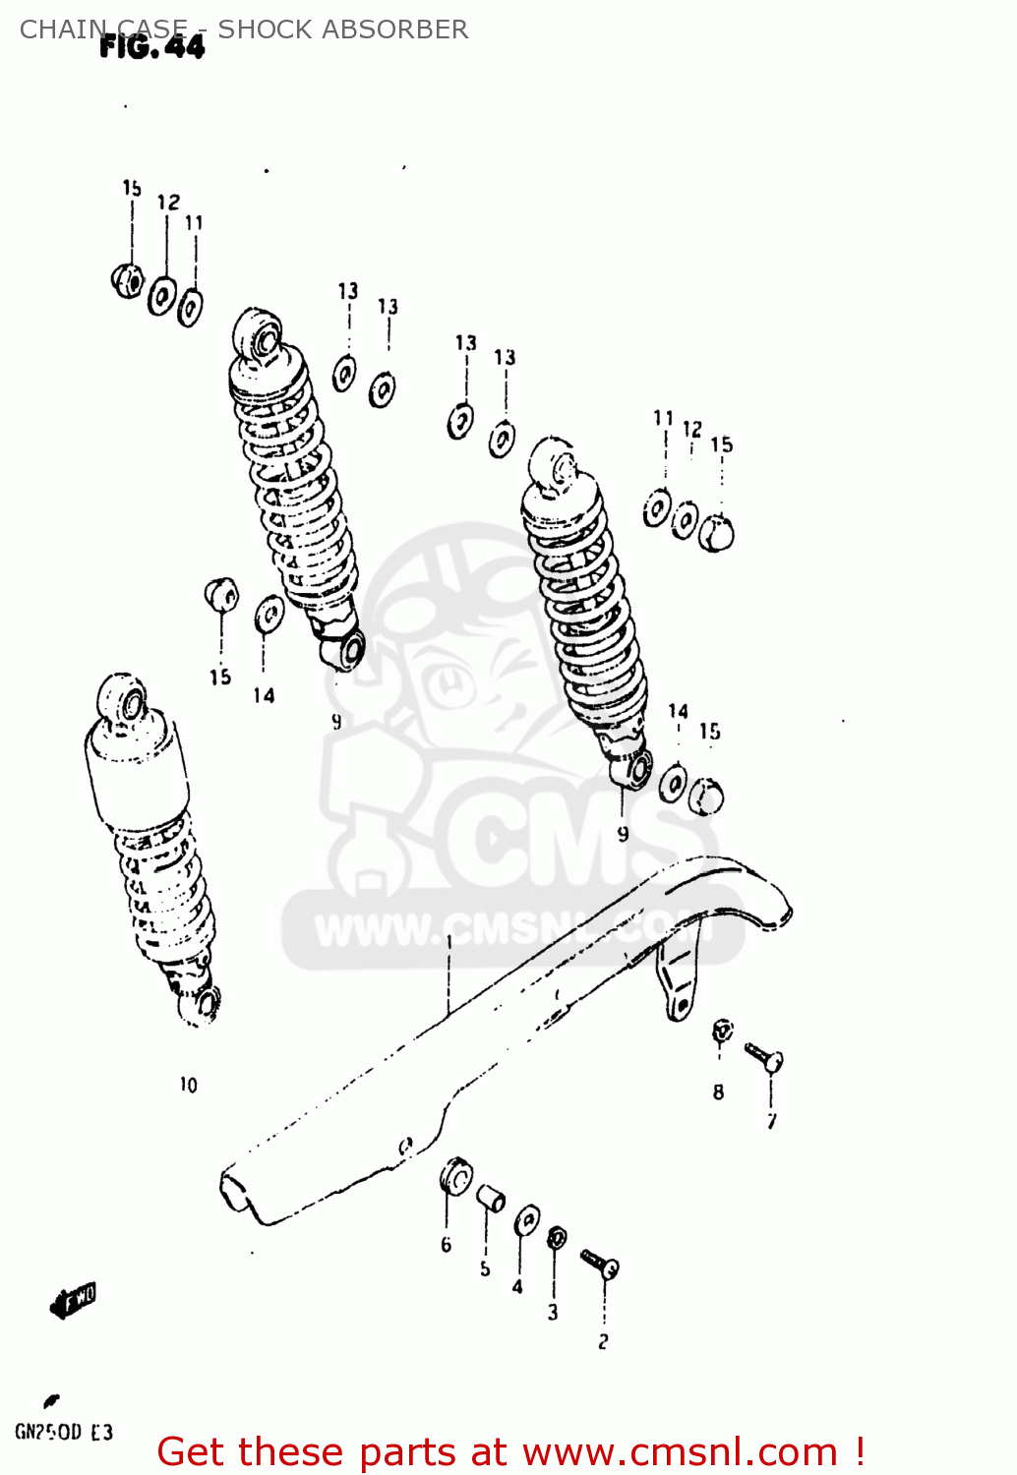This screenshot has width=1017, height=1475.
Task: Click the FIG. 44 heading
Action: pos(152,47)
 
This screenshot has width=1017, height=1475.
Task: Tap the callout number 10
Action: pos(188,1085)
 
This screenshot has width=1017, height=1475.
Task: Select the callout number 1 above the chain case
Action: pos(449,941)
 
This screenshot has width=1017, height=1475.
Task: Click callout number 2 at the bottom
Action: pos(603,1341)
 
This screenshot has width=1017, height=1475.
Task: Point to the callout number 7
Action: pos(772,1121)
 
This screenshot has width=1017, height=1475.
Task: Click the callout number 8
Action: pos(719,1091)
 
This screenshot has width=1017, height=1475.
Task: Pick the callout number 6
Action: pos(446,1245)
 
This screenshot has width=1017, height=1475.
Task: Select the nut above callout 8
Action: pos(722,1031)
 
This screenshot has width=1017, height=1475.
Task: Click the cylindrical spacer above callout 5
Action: pos(490,1199)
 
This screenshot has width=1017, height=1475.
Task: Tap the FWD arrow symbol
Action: pos(74,1300)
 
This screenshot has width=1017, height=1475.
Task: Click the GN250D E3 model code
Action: pos(64,1432)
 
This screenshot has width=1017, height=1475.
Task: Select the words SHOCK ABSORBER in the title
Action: pos(342,29)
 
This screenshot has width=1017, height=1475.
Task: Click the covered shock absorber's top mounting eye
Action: pos(122,701)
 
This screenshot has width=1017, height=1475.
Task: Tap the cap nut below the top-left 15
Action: pos(127,280)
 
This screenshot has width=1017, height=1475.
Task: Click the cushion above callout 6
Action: pos(455,1176)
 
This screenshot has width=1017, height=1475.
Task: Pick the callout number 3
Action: pos(553,1312)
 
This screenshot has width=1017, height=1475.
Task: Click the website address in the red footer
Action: pos(680,1452)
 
